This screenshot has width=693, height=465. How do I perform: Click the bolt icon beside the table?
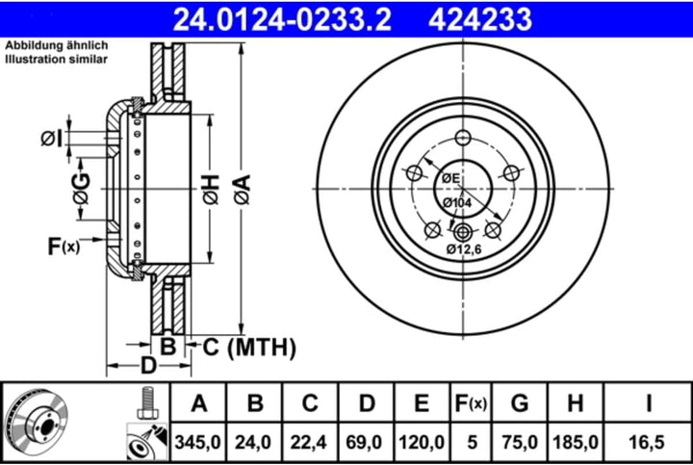tap(146, 402)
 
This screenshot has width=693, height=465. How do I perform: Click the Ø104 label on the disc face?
tap(456, 203)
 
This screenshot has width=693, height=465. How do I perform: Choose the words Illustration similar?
tap(56, 59)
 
